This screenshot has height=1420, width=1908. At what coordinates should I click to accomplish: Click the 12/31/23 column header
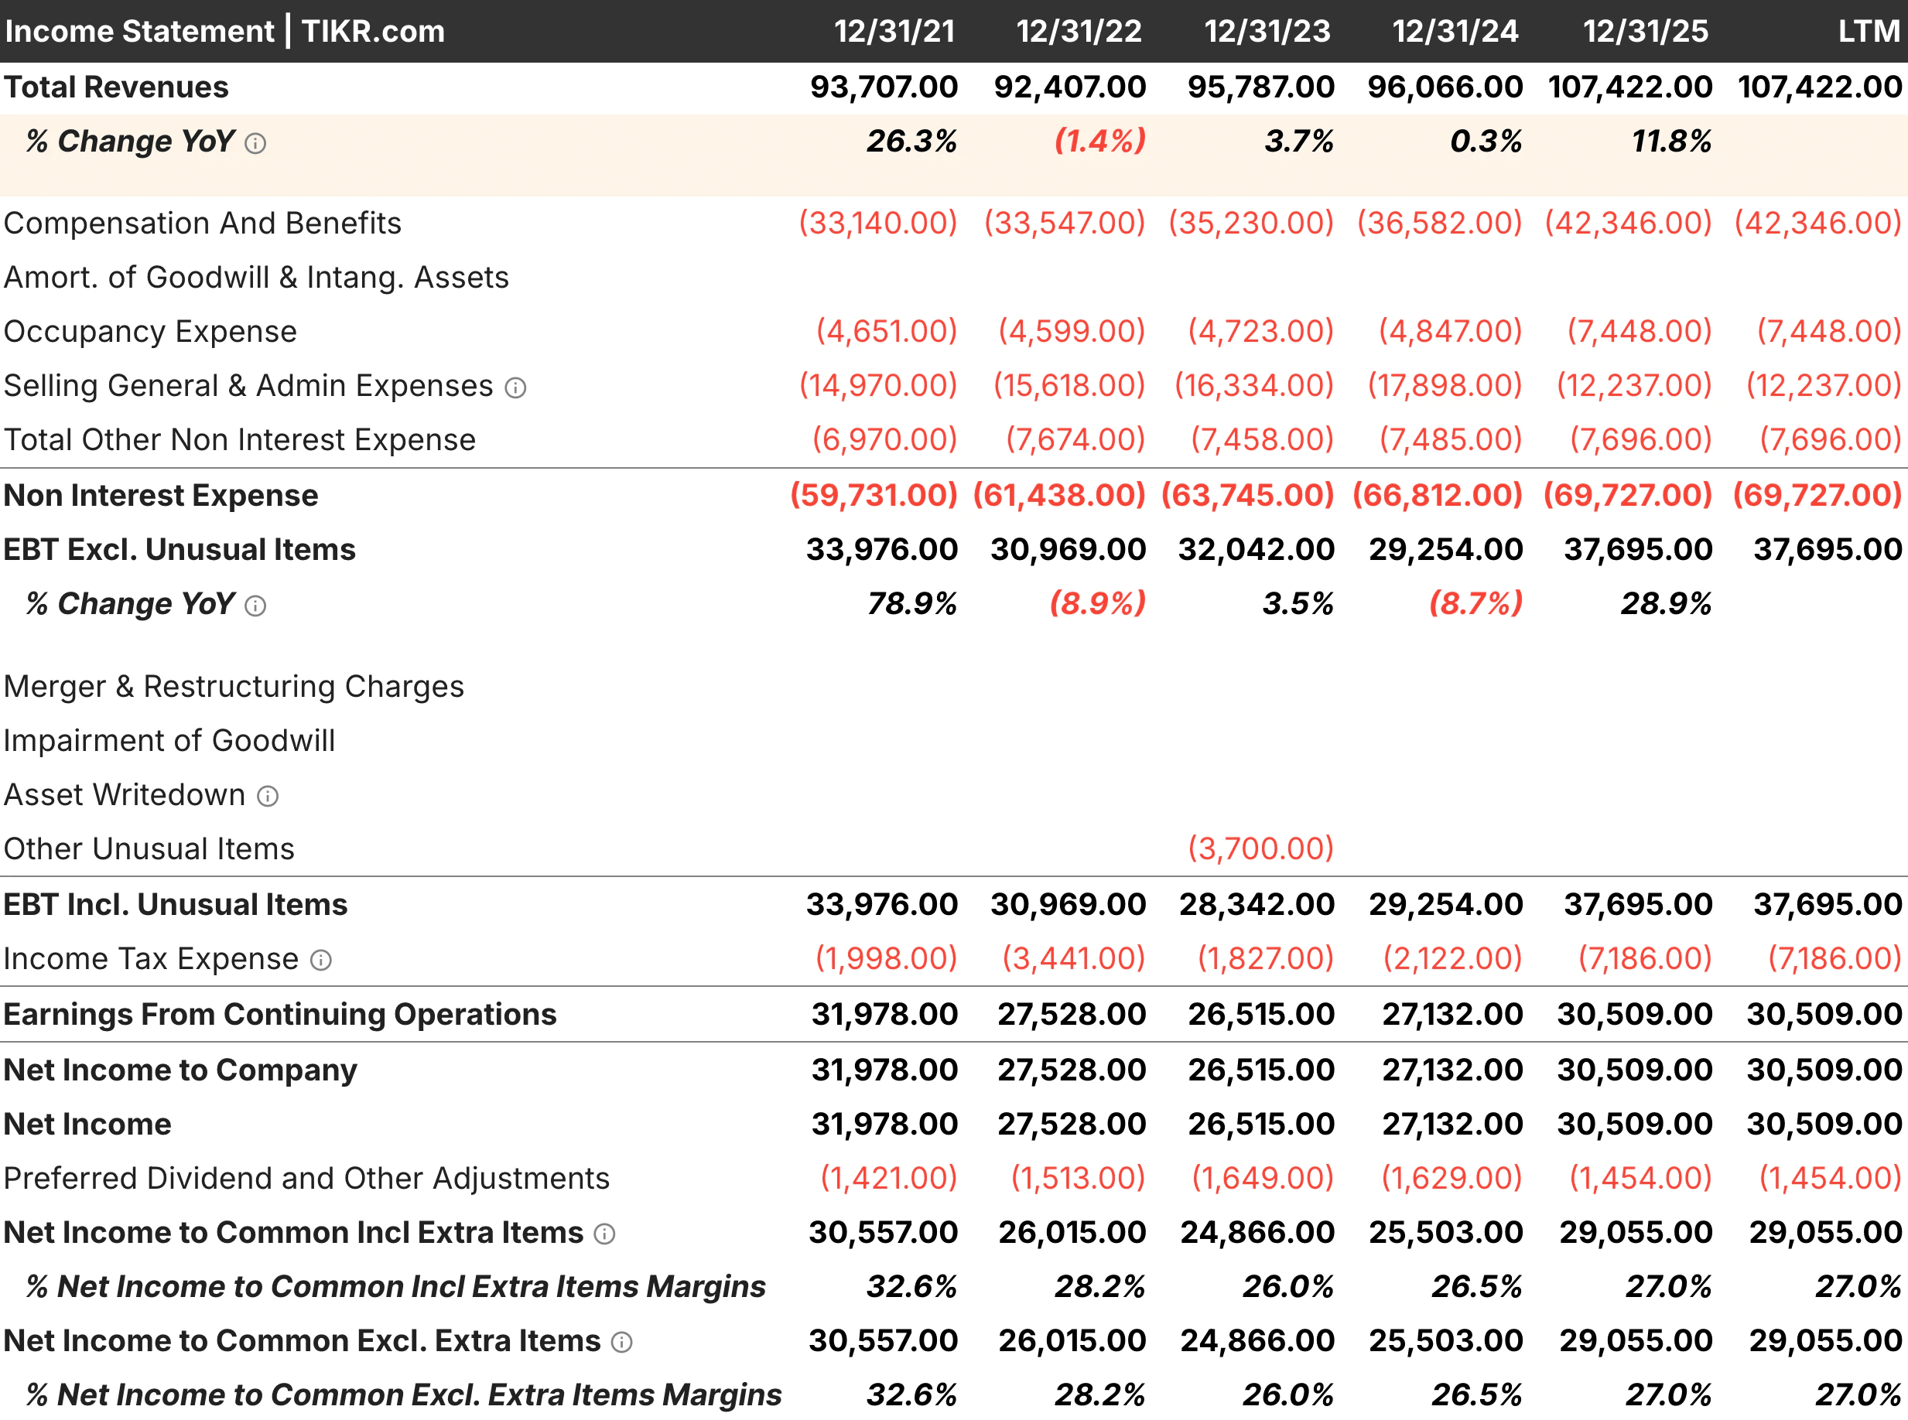point(1267,32)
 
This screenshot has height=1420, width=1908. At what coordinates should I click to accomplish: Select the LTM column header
point(1869,32)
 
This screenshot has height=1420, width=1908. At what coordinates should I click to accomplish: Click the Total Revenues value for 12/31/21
point(883,87)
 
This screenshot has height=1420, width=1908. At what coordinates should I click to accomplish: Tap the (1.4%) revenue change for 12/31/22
point(1099,141)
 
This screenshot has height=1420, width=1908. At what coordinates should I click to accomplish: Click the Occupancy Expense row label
point(150,332)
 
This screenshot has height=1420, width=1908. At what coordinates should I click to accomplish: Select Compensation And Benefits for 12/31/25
point(1628,224)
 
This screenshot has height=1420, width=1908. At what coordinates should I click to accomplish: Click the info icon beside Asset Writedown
point(268,796)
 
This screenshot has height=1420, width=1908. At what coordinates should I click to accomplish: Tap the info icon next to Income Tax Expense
point(321,960)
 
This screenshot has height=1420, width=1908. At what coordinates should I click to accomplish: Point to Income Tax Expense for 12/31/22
point(1073,958)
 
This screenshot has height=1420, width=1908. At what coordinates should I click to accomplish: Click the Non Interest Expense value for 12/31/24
point(1437,495)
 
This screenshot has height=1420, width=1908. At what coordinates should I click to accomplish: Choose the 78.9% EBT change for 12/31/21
point(911,604)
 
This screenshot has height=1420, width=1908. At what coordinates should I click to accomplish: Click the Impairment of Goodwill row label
point(169,741)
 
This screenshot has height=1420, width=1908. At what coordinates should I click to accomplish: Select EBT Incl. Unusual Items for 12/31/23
point(1257,904)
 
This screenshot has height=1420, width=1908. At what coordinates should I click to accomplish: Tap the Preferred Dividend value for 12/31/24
point(1452,1179)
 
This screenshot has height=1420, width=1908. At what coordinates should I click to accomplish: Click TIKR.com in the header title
point(373,32)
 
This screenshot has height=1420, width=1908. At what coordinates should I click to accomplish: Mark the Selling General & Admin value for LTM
point(1824,386)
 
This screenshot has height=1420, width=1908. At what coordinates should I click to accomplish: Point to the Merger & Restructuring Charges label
point(234,687)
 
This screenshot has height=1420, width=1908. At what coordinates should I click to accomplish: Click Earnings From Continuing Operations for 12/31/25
point(1635,1014)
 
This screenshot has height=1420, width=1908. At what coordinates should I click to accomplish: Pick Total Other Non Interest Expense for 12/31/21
point(885,440)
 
